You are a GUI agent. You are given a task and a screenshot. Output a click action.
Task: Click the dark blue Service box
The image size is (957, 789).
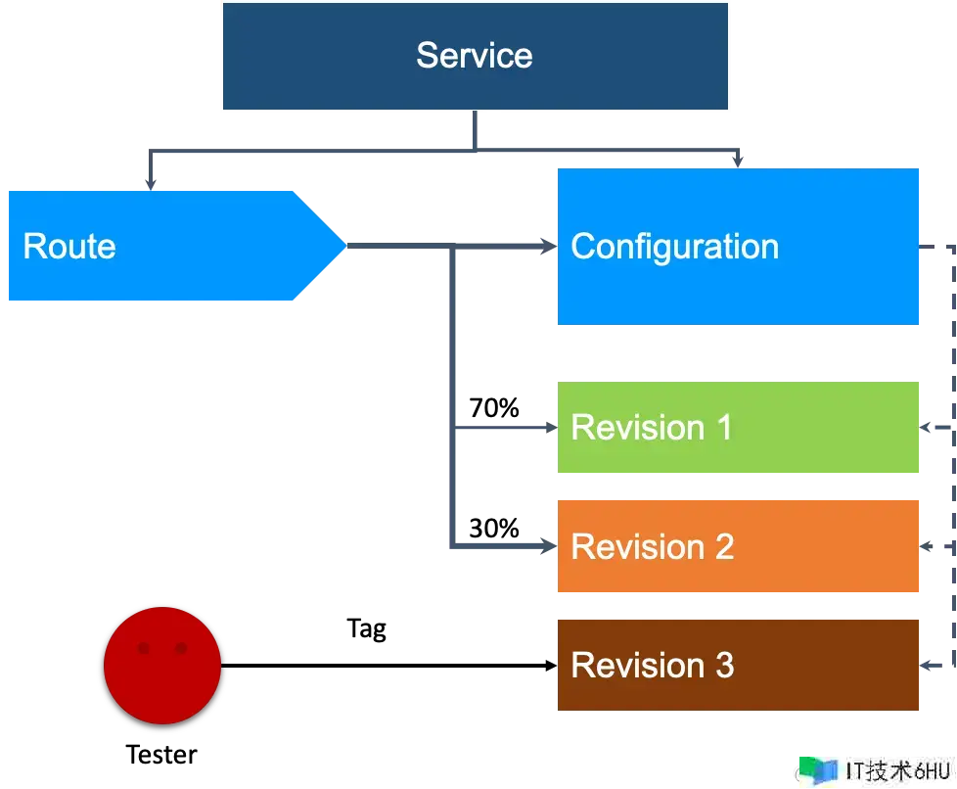tap(475, 56)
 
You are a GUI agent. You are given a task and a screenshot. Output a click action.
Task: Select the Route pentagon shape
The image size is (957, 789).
tap(177, 246)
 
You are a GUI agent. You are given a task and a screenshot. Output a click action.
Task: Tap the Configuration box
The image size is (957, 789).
tap(738, 246)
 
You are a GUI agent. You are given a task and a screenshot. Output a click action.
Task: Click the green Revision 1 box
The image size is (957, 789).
tap(738, 427)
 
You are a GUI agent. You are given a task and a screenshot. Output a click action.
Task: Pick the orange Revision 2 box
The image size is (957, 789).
tap(738, 546)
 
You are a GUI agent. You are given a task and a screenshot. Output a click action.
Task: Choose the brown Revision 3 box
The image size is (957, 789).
tap(738, 665)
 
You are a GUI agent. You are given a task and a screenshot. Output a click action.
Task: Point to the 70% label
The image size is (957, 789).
tap(494, 408)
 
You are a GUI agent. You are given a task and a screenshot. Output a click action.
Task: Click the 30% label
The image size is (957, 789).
tap(494, 529)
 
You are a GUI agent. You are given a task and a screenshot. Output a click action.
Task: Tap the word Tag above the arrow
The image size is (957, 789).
tap(366, 629)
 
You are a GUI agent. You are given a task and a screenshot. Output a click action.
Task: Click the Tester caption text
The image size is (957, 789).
tap(161, 755)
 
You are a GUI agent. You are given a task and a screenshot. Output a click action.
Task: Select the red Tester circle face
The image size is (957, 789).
tap(162, 665)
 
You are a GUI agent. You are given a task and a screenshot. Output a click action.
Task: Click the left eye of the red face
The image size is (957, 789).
tap(144, 648)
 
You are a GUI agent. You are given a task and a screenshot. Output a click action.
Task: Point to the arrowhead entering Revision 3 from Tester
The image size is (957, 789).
tap(551, 665)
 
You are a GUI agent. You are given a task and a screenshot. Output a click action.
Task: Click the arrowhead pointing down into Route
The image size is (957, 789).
tap(150, 184)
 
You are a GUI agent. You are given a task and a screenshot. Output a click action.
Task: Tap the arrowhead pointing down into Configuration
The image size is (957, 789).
tap(738, 162)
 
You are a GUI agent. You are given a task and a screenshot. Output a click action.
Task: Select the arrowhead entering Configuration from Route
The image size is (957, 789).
tap(548, 246)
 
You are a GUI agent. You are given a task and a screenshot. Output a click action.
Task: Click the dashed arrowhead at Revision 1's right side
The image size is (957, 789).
tap(926, 427)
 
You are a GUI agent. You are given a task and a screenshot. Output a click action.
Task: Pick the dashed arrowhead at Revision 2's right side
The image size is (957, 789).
tap(926, 546)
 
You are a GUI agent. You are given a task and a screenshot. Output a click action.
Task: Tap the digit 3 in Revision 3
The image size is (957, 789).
tap(724, 665)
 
